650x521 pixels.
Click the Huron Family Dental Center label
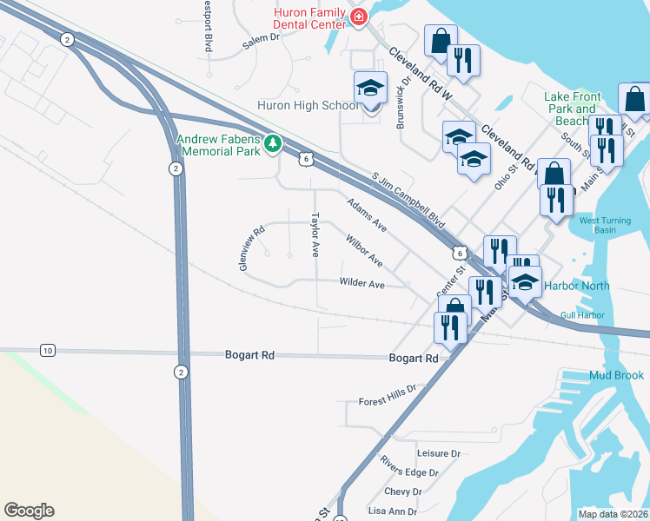point(305,20)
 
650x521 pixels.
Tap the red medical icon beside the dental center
point(357,16)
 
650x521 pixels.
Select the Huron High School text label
point(307,106)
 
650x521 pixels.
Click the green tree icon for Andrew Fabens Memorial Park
point(273,142)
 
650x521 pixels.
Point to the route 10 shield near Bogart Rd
point(47,350)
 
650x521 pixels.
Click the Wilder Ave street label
point(362,284)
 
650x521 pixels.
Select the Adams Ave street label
point(366,214)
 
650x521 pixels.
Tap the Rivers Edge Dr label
point(409,472)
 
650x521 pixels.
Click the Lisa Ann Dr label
point(394,512)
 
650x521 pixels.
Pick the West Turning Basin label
point(609,225)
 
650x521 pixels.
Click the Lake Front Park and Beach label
point(570,109)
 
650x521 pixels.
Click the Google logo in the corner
point(29,511)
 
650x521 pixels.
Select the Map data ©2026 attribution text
point(613,514)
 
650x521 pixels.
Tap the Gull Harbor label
point(582,315)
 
